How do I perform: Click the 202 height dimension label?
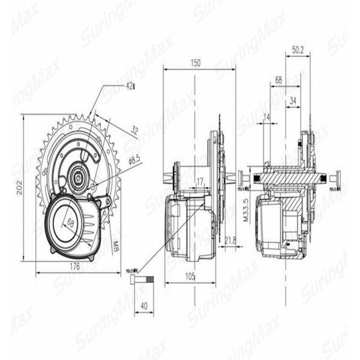[19, 187]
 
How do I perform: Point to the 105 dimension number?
[190, 277]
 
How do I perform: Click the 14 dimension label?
[266, 116]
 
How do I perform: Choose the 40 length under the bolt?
[143, 305]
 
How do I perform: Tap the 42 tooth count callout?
[130, 86]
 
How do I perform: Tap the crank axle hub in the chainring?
[77, 175]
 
